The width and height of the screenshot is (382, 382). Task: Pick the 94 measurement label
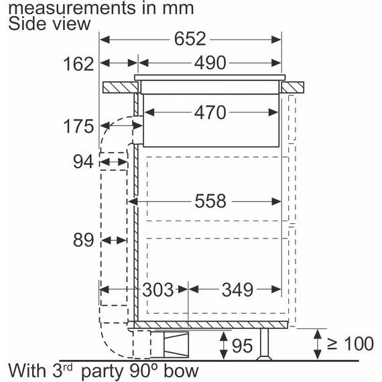point(83,162)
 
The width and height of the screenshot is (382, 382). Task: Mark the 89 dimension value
point(83,239)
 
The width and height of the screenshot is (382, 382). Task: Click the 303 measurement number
point(158,290)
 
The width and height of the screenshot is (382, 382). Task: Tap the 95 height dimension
point(243,346)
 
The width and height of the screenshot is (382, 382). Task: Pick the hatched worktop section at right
point(293,87)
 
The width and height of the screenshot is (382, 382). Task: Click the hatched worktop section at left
point(119,87)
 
